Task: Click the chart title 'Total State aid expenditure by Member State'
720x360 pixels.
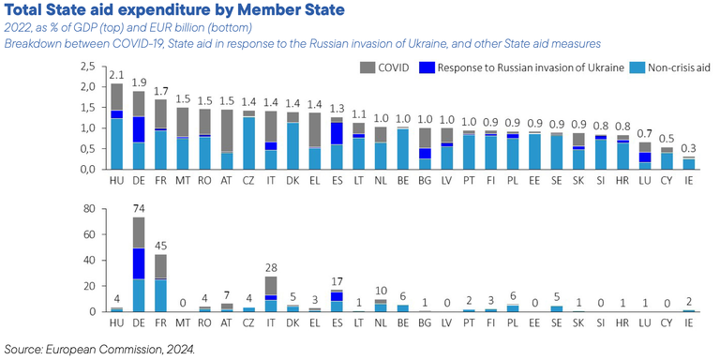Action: coord(173,10)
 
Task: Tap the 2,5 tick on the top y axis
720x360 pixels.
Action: coord(87,67)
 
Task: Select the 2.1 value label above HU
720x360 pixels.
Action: coord(116,74)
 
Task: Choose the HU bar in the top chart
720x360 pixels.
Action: coord(116,127)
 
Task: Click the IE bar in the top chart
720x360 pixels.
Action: coord(689,163)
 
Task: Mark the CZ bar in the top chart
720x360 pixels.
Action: coord(248,141)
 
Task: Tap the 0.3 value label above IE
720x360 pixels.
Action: coord(689,148)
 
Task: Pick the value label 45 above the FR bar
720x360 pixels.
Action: coord(160,246)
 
